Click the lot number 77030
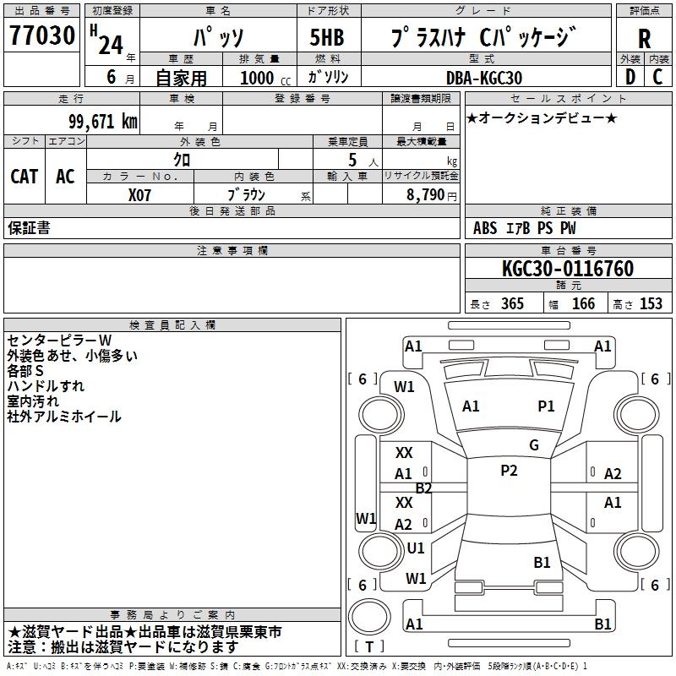pyautogui.click(x=41, y=37)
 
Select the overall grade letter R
pyautogui.click(x=644, y=39)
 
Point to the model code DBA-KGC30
pyautogui.click(x=484, y=78)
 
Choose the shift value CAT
pyautogui.click(x=24, y=177)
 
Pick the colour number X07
pyautogui.click(x=140, y=194)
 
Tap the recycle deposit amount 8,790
pyautogui.click(x=420, y=195)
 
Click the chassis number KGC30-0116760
pyautogui.click(x=567, y=269)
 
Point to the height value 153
pyautogui.click(x=651, y=303)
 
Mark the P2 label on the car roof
pyautogui.click(x=509, y=471)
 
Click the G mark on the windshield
pyautogui.click(x=534, y=445)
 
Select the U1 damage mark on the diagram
pyautogui.click(x=416, y=548)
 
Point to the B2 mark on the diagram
pyautogui.click(x=423, y=488)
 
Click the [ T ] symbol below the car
pyautogui.click(x=369, y=646)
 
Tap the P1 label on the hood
pyautogui.click(x=547, y=406)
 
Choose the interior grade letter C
pyautogui.click(x=658, y=77)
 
